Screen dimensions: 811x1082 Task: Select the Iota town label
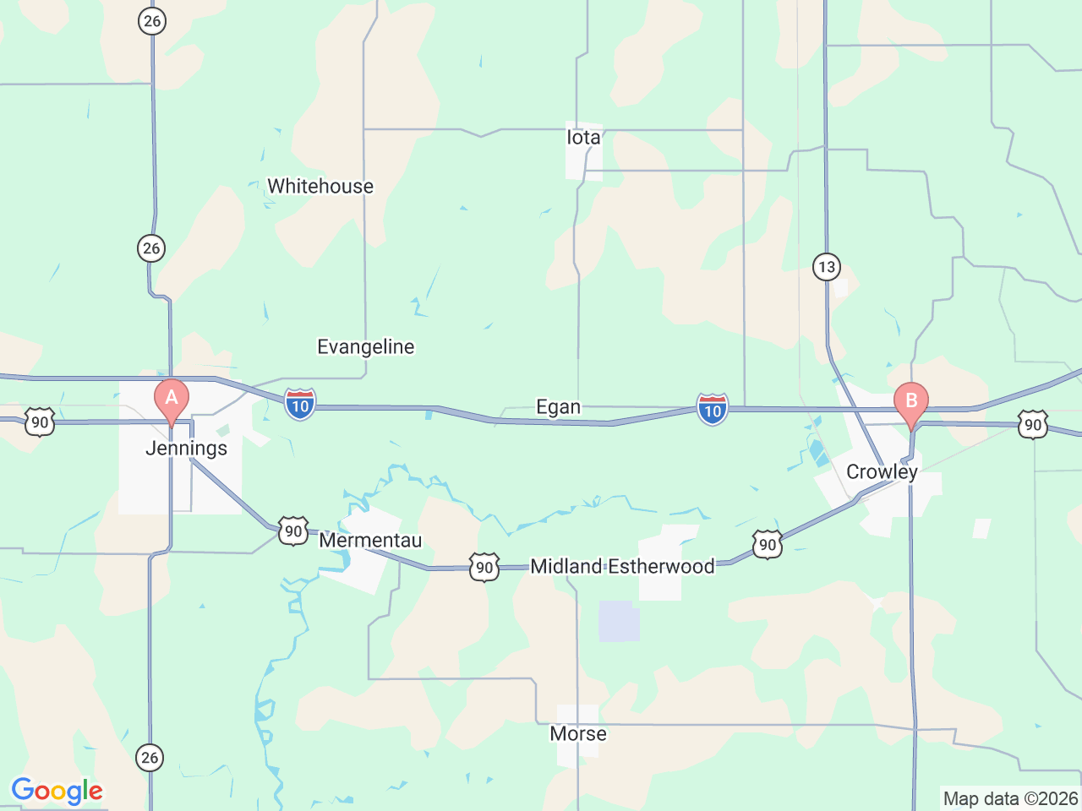(x=583, y=138)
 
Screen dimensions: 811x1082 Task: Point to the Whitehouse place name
(x=320, y=186)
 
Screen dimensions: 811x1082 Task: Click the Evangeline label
(x=365, y=346)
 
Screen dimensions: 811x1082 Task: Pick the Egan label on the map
(x=559, y=407)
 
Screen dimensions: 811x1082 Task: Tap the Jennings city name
(x=186, y=448)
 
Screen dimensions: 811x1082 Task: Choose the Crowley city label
(x=882, y=471)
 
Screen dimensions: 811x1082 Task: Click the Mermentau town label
(x=370, y=540)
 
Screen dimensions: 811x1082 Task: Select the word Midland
(x=566, y=566)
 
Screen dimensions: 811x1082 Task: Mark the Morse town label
(x=578, y=733)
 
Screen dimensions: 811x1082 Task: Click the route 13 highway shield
(x=826, y=268)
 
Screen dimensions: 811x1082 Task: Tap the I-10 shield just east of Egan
(x=713, y=410)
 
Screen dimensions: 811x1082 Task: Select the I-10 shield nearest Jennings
(x=300, y=405)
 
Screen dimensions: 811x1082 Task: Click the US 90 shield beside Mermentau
(x=292, y=531)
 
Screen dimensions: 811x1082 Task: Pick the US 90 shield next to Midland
(x=484, y=568)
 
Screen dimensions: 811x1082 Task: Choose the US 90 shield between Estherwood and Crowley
(x=767, y=545)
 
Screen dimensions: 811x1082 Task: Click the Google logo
(x=57, y=792)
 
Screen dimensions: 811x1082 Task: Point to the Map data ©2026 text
(x=1010, y=798)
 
